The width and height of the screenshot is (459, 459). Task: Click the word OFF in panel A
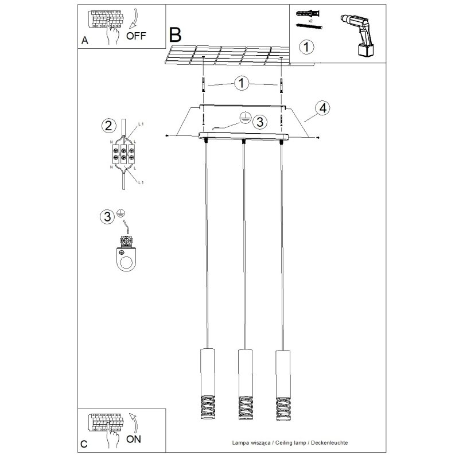pos(136,35)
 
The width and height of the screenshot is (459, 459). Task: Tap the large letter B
pos(176,35)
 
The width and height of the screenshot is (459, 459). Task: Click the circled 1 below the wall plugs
pos(307,46)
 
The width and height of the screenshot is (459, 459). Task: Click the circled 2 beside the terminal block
pos(106,125)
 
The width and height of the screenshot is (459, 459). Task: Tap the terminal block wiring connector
pos(122,154)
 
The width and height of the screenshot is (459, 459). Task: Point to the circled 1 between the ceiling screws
pos(242,84)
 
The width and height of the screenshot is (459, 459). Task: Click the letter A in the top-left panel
pos(85,41)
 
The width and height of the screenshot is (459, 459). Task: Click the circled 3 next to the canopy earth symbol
pos(260,122)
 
